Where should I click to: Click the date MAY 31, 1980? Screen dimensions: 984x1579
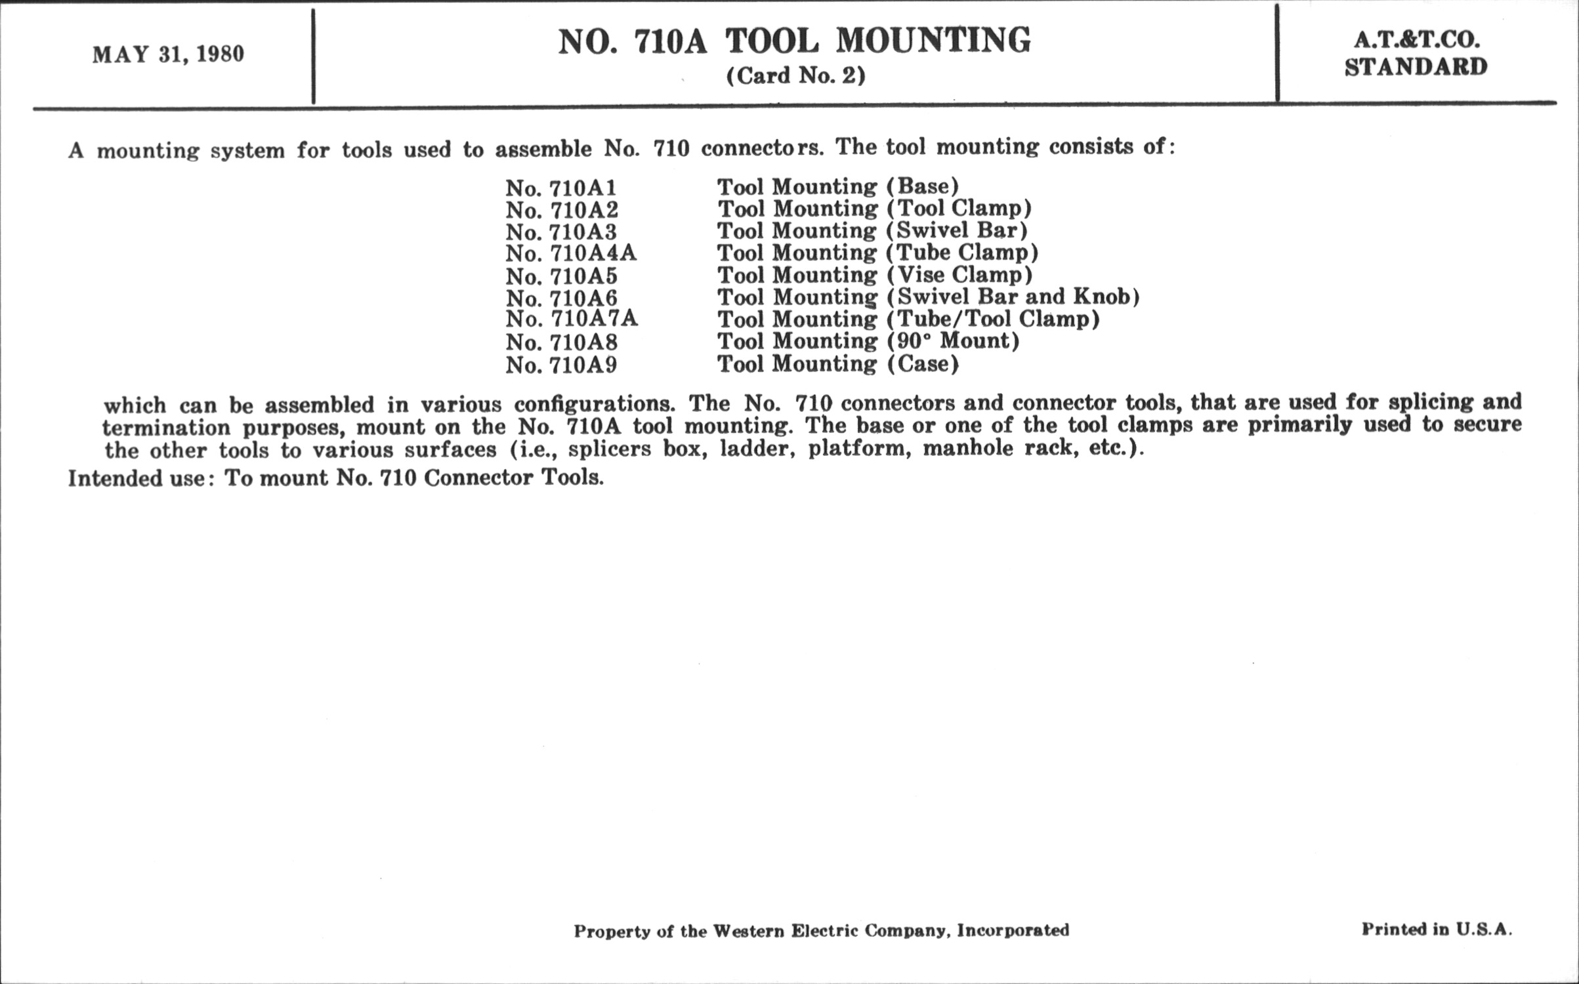click(x=168, y=54)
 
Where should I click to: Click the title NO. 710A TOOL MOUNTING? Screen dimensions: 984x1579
click(x=794, y=41)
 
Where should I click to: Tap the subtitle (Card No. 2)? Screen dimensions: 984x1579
click(x=795, y=76)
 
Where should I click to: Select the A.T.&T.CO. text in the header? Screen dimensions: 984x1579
click(x=1416, y=41)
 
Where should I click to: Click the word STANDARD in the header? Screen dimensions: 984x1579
click(x=1416, y=67)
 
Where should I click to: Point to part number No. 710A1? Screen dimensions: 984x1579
click(x=561, y=188)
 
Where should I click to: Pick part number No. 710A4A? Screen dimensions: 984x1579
click(x=571, y=254)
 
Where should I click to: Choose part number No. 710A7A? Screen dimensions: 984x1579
click(x=572, y=319)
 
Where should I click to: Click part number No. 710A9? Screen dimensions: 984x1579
click(x=561, y=365)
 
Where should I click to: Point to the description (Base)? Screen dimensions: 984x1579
click(x=923, y=187)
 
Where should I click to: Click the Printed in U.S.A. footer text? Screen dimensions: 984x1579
click(x=1436, y=930)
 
